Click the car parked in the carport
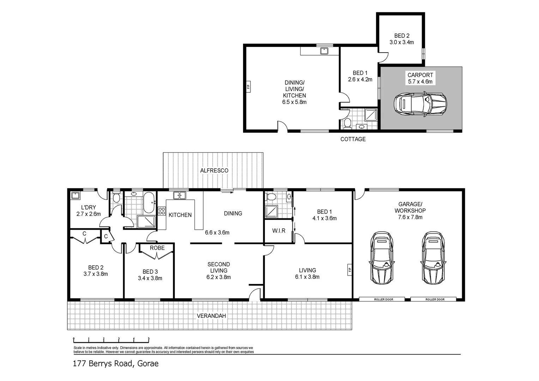click(x=420, y=104)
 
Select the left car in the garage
click(x=381, y=258)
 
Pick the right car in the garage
click(x=432, y=258)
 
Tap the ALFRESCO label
click(x=214, y=170)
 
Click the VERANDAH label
click(x=211, y=316)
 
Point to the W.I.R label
click(x=279, y=231)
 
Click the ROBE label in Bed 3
click(x=157, y=248)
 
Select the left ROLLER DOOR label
click(x=384, y=299)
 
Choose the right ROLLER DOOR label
click(x=435, y=299)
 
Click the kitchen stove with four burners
click(x=162, y=211)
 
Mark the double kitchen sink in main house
click(x=180, y=195)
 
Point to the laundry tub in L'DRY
click(x=75, y=196)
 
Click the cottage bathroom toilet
click(x=347, y=123)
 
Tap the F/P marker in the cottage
click(x=248, y=86)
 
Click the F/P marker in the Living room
click(x=350, y=270)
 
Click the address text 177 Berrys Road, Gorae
click(x=116, y=363)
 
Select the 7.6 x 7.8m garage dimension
click(x=410, y=217)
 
